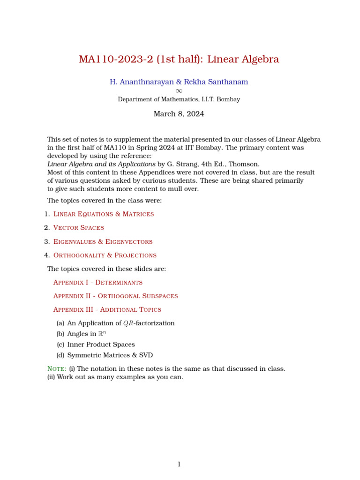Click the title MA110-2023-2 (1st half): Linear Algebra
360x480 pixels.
click(x=179, y=60)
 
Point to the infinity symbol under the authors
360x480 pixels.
click(x=179, y=91)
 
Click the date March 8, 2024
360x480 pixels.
click(x=179, y=114)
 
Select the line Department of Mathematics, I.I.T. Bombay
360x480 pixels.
click(x=179, y=99)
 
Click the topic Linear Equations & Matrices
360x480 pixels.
click(x=104, y=214)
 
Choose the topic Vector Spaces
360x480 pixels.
click(x=79, y=228)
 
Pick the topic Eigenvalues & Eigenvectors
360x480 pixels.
click(x=103, y=242)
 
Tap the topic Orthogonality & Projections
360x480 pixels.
click(x=105, y=255)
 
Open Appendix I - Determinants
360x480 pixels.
click(x=98, y=283)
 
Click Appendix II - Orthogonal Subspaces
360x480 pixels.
click(x=115, y=296)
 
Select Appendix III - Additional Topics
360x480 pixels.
click(x=107, y=310)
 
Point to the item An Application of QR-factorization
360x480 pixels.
click(x=120, y=323)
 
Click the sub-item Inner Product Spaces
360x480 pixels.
click(x=101, y=345)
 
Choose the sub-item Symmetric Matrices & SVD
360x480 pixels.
click(x=110, y=355)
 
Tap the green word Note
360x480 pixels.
click(x=57, y=369)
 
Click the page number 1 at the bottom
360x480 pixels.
click(x=179, y=465)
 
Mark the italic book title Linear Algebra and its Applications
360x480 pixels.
click(x=101, y=165)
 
